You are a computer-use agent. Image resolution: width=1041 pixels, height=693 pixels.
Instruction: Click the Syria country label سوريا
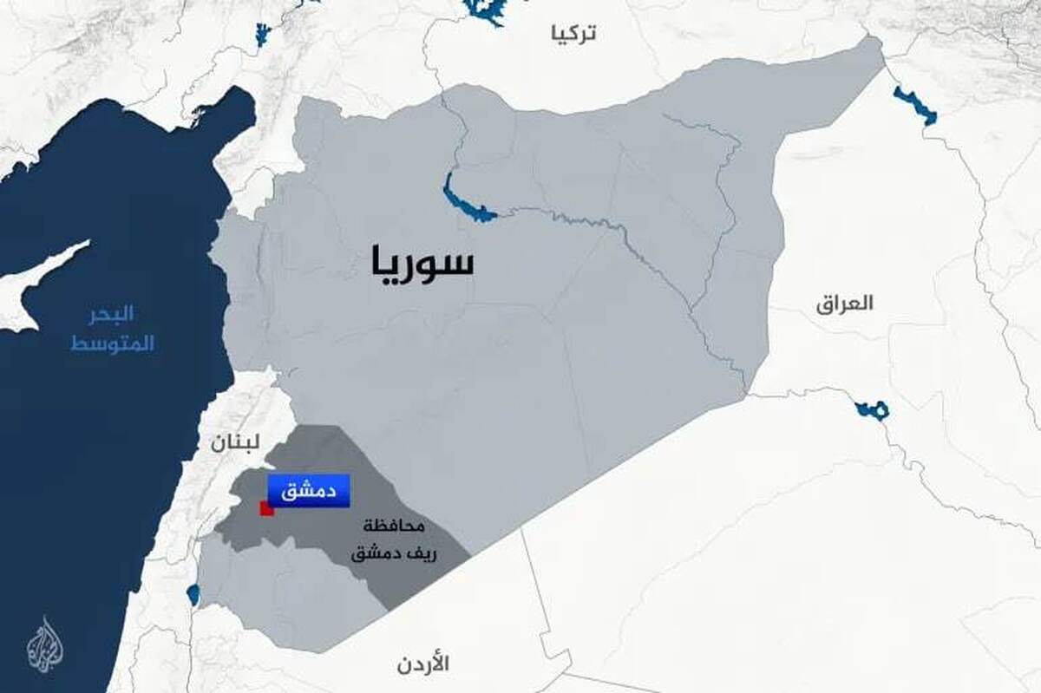pos(422,262)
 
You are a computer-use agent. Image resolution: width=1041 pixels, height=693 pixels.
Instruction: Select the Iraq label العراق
pos(844,304)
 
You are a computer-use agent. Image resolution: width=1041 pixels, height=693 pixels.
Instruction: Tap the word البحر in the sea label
pos(114,314)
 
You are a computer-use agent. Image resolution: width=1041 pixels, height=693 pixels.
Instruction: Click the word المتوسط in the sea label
pos(112,343)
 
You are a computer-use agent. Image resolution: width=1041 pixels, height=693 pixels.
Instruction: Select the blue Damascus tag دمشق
pos(308,491)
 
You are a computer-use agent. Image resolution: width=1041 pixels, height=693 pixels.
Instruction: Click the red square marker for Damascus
pos(267,508)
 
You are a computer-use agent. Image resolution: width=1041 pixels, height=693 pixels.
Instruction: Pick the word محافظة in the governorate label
pos(395,526)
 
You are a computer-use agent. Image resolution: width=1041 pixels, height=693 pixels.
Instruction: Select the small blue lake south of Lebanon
pos(193,595)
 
